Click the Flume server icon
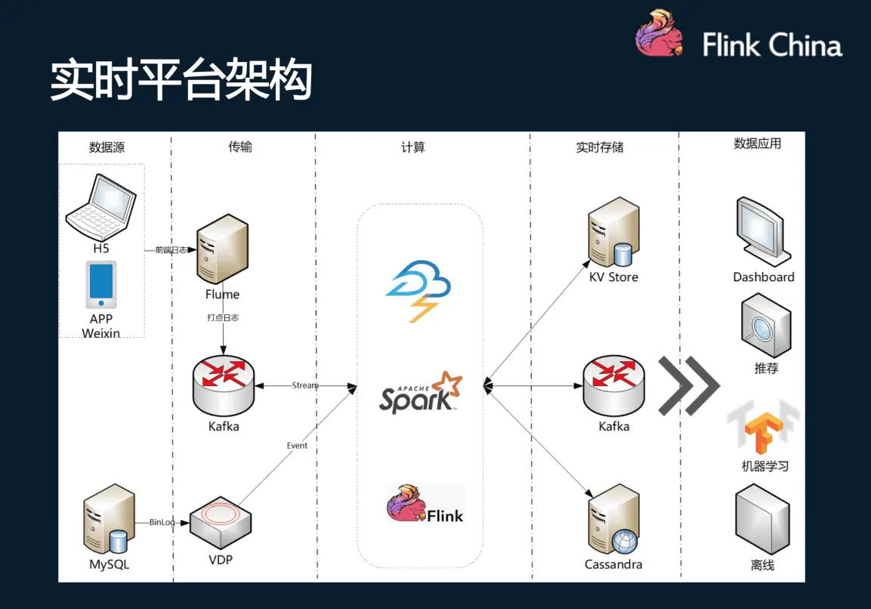pyautogui.click(x=222, y=249)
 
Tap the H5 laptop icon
pyautogui.click(x=100, y=207)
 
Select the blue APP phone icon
pyautogui.click(x=101, y=285)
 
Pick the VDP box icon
pyautogui.click(x=221, y=523)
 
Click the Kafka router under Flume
pyautogui.click(x=224, y=385)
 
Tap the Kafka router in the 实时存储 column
pyautogui.click(x=614, y=385)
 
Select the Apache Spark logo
pyautogui.click(x=421, y=393)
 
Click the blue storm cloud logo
pyautogui.click(x=419, y=291)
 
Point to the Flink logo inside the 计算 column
pyautogui.click(x=425, y=503)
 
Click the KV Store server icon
pyautogui.click(x=614, y=232)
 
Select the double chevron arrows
pyautogui.click(x=689, y=385)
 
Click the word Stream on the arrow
pyautogui.click(x=305, y=385)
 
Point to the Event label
pyautogui.click(x=297, y=446)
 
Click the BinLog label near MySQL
pyautogui.click(x=162, y=522)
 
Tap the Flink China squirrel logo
pyautogui.click(x=660, y=32)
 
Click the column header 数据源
pyautogui.click(x=107, y=147)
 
